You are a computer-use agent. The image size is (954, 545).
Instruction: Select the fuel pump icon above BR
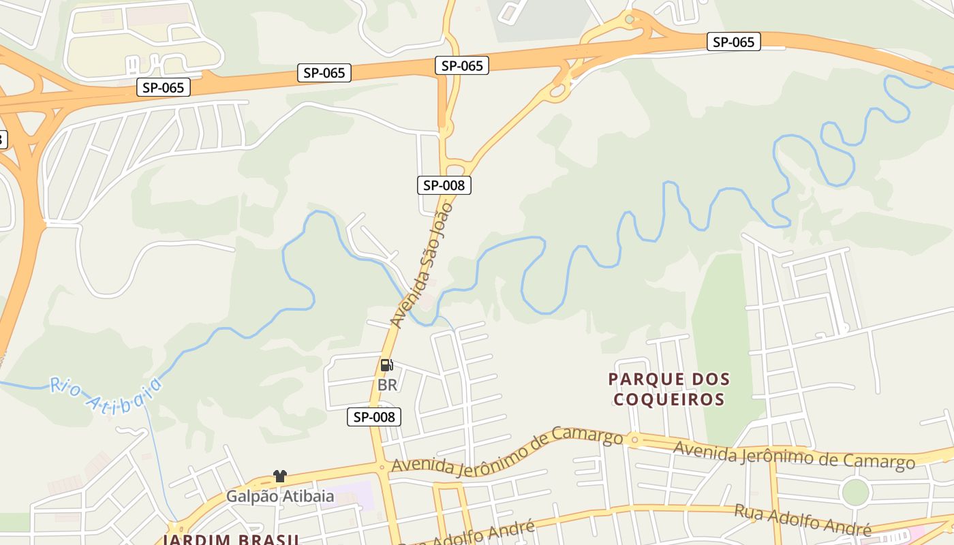pyautogui.click(x=387, y=365)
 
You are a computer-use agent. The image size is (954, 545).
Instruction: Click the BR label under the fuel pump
pyautogui.click(x=387, y=385)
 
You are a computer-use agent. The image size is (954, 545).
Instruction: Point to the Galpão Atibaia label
pyautogui.click(x=280, y=496)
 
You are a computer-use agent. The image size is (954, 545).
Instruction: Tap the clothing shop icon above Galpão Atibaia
pyautogui.click(x=279, y=476)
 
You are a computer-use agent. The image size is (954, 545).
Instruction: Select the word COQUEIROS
pyautogui.click(x=668, y=399)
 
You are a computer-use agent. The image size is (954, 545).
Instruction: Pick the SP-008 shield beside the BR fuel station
pyautogui.click(x=374, y=417)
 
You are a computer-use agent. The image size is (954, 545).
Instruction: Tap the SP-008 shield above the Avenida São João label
pyautogui.click(x=444, y=185)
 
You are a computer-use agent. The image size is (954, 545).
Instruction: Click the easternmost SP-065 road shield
pyautogui.click(x=733, y=42)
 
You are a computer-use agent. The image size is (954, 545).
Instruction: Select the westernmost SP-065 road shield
pyautogui.click(x=163, y=87)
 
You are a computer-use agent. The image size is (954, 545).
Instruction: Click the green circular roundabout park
pyautogui.click(x=855, y=492)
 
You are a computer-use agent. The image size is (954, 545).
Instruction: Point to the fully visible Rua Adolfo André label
pyautogui.click(x=802, y=519)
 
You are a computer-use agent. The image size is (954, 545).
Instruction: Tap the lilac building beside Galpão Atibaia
pyautogui.click(x=359, y=496)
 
